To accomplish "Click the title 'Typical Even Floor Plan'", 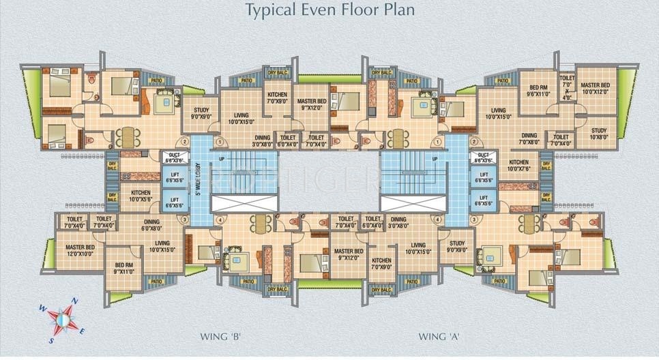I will pos(329,10).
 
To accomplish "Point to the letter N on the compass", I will pos(76,301).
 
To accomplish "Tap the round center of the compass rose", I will pos(62,318).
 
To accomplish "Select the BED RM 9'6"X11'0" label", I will pos(539,91).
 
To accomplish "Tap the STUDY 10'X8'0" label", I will pos(598,134).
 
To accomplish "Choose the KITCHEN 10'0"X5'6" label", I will pos(140,196).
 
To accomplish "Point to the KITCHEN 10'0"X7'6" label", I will pos(518,166).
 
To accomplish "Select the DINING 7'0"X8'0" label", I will pos(529,139).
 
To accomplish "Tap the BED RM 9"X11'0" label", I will pos(123,269).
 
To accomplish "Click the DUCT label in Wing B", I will pos(173,158).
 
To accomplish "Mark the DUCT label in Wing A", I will pos(484,158).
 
